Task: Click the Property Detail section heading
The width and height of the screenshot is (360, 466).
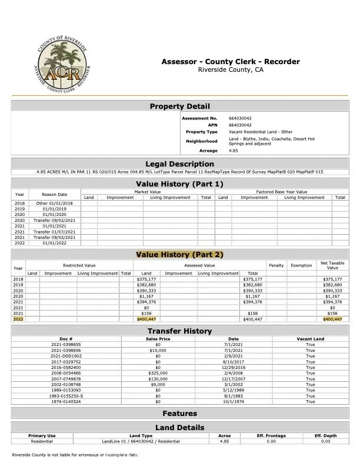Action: (x=179, y=106)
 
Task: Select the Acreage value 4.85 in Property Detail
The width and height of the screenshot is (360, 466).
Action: (x=234, y=151)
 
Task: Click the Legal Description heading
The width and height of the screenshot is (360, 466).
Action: (x=179, y=164)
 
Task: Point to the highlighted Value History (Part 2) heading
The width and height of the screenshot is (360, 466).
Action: (x=179, y=254)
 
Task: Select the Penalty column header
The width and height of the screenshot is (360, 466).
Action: (x=276, y=265)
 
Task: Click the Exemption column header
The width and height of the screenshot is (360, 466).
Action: (x=301, y=265)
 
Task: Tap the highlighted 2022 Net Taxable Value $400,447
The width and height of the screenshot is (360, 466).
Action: (x=332, y=319)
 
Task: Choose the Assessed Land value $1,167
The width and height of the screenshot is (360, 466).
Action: (x=146, y=296)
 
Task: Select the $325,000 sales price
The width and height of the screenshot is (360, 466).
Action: (x=158, y=373)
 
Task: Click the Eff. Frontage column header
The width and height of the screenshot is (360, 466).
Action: (x=271, y=436)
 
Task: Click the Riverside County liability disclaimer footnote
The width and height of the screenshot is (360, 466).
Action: (x=75, y=455)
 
